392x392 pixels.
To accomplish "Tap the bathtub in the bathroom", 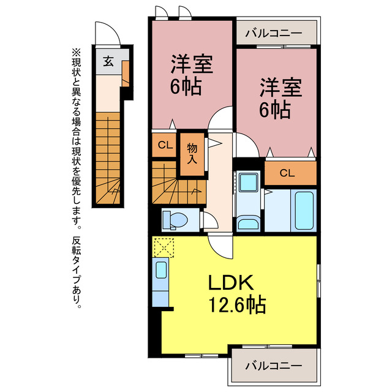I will click(304, 211).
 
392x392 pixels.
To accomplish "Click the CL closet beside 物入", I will click(164, 145).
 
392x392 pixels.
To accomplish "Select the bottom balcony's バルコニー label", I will click(274, 366).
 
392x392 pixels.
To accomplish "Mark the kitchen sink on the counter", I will click(160, 270).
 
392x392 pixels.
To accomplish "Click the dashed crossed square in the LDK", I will click(164, 247).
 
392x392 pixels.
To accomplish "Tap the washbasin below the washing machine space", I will click(248, 223).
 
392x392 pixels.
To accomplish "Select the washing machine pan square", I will click(248, 183).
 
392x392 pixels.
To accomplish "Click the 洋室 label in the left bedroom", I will click(192, 65).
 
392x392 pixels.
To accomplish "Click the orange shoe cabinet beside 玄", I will click(125, 73).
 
